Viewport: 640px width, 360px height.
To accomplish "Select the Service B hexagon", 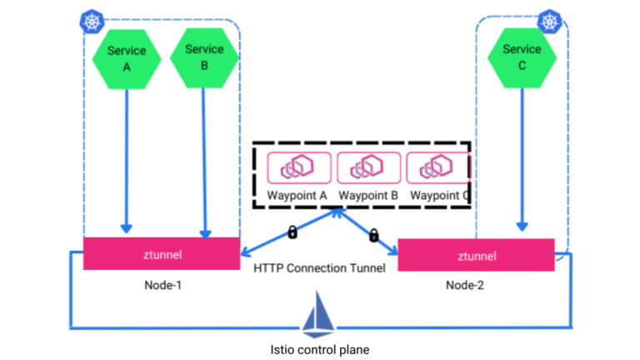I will [x=203, y=57].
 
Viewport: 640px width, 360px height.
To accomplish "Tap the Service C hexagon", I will [x=522, y=57].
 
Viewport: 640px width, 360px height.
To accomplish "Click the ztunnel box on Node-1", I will [x=162, y=254].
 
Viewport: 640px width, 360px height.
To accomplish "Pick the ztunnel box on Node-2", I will [x=476, y=255].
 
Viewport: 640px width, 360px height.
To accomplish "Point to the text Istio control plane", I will [x=321, y=348].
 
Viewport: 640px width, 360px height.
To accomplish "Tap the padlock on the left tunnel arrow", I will [x=292, y=232].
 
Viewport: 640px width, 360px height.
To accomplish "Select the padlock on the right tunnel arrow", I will [x=374, y=235].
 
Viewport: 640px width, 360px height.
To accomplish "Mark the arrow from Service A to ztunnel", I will [x=127, y=158].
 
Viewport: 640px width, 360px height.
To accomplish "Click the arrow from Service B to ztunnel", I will [x=203, y=158].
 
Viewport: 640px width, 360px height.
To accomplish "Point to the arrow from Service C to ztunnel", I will [x=522, y=158].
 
